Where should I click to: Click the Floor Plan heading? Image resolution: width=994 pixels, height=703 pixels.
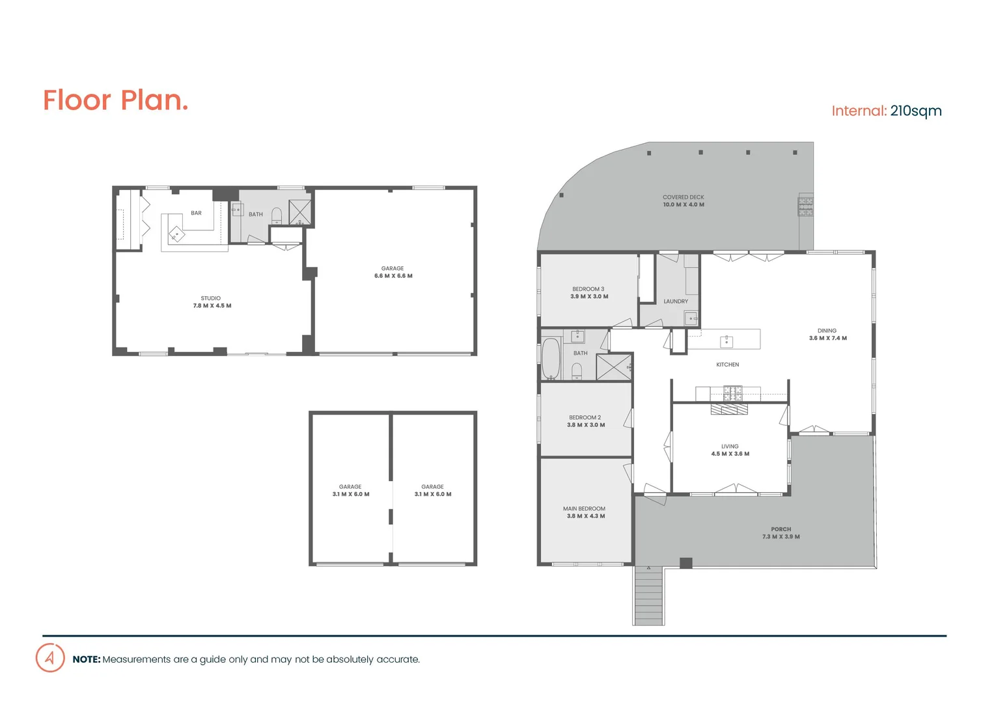[x=115, y=100]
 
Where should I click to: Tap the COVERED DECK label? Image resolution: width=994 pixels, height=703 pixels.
[x=683, y=197]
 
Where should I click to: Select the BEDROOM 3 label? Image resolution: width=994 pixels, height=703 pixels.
[x=588, y=289]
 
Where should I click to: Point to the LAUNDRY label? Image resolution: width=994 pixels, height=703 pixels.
[x=676, y=301]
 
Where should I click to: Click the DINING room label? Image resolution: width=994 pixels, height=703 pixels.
[x=827, y=331]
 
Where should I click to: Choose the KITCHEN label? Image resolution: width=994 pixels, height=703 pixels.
[x=728, y=365]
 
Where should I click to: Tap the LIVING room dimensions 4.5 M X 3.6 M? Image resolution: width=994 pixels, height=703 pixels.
[x=730, y=454]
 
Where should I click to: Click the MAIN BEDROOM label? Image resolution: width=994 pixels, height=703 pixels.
[x=584, y=508]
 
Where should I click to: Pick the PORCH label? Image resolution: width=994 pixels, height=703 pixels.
[x=780, y=529]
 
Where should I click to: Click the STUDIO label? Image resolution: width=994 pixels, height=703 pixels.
[x=210, y=298]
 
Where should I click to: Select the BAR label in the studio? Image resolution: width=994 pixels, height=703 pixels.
[x=196, y=213]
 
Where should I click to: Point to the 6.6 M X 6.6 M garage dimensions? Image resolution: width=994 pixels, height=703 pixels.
[x=393, y=276]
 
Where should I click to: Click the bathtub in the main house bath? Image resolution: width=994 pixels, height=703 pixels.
[x=551, y=357]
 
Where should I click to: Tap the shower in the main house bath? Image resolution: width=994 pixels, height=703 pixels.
[x=613, y=366]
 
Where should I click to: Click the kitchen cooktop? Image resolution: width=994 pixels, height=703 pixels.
[x=732, y=393]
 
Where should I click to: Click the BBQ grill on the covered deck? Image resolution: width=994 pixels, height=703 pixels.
[x=806, y=206]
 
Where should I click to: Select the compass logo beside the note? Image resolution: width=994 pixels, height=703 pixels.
[x=50, y=658]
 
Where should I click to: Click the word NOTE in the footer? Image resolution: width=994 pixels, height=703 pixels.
[x=86, y=659]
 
